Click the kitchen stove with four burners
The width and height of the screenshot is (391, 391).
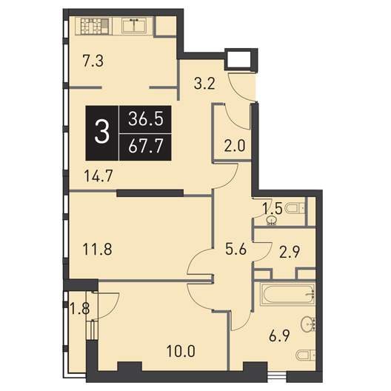95,26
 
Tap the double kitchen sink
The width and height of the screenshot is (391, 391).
134,26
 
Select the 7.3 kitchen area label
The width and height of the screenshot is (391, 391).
93,61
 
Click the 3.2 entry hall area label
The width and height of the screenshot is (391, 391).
204,84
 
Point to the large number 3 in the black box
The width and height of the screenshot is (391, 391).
102,133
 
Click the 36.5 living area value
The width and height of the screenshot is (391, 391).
146,119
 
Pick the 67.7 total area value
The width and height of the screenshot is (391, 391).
146,146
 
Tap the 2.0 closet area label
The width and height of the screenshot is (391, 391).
235,146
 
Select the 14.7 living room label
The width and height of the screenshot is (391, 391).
98,176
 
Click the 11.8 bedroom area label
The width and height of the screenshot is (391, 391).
97,250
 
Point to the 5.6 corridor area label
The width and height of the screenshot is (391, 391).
236,250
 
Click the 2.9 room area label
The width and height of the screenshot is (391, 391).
290,252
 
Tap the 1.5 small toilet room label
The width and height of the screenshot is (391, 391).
273,209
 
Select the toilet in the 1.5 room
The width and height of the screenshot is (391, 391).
295,208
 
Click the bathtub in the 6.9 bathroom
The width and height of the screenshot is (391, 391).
287,294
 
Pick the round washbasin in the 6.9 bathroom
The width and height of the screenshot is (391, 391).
308,324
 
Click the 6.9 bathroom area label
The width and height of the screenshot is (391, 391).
279,335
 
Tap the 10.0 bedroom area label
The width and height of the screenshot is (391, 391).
181,352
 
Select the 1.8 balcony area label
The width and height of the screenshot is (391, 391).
79,309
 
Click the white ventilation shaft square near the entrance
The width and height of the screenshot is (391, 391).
239,59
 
